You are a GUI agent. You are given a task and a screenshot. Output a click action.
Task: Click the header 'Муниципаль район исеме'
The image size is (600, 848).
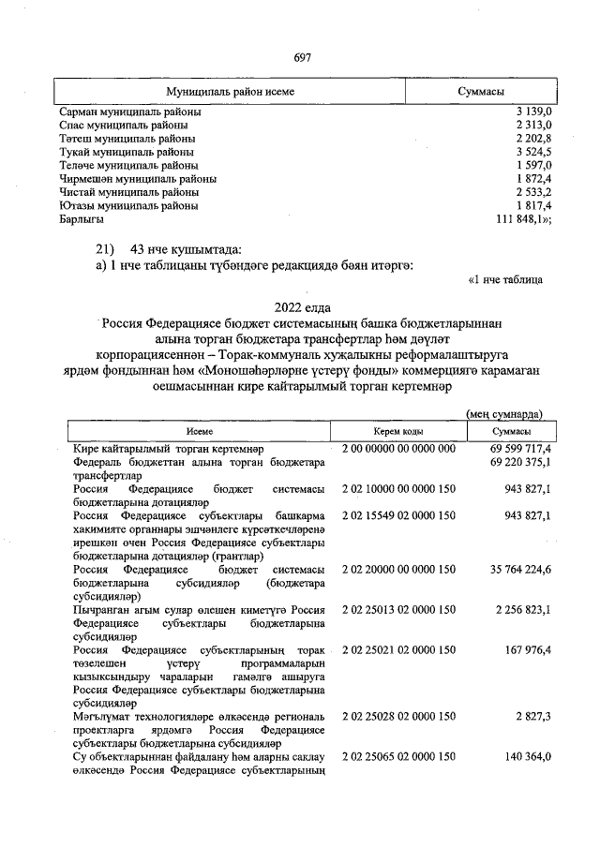click(230, 91)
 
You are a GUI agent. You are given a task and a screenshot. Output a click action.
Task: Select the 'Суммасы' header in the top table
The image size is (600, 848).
click(481, 91)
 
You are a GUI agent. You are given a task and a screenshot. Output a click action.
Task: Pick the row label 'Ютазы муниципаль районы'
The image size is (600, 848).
click(128, 205)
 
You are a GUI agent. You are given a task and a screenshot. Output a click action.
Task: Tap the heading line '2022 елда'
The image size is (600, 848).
click(302, 306)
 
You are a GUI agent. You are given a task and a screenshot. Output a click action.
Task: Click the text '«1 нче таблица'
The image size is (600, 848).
click(505, 278)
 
